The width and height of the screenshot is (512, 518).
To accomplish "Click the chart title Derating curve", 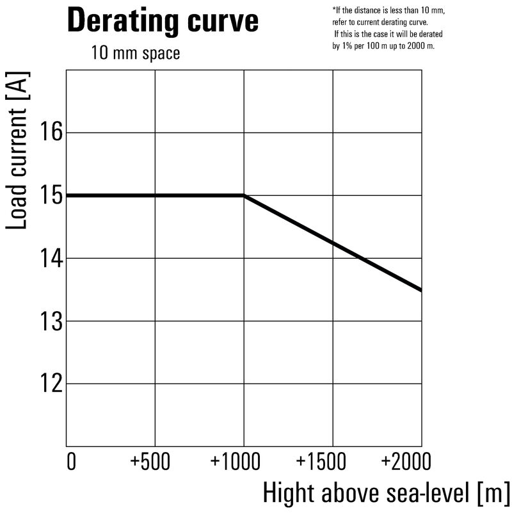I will tap(163, 21).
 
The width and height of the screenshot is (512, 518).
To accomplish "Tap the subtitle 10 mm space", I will tap(135, 53).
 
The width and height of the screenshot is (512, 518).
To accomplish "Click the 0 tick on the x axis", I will tap(71, 462).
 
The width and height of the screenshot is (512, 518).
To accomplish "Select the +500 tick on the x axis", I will tap(155, 462).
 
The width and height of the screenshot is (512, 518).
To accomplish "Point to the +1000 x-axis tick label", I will tap(243, 462).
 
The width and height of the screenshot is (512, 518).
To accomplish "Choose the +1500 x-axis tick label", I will tap(332, 462).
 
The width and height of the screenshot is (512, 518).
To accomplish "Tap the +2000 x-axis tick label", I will tap(406, 462).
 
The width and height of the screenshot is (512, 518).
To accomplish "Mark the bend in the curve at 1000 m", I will tap(244, 195).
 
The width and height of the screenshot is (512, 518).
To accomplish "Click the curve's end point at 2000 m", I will tap(420, 290).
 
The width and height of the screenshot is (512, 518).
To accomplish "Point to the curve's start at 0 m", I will tap(67, 195).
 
